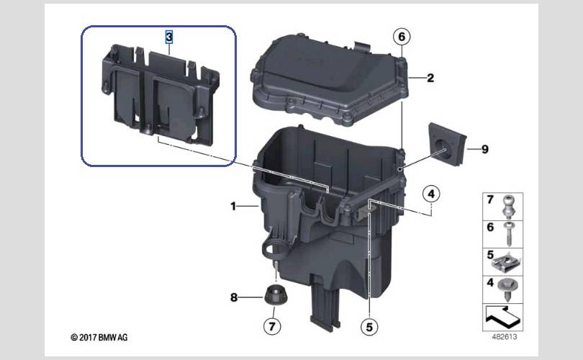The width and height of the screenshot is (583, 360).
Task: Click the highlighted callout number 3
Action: (x=169, y=37)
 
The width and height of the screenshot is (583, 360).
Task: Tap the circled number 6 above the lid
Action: (x=402, y=37)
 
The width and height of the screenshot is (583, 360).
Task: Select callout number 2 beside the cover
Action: (x=430, y=78)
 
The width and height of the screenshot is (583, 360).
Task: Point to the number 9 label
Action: (x=485, y=149)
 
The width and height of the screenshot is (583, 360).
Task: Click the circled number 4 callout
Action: (x=431, y=194)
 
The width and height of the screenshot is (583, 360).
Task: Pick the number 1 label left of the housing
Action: (x=233, y=206)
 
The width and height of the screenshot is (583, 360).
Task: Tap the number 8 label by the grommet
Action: (x=233, y=297)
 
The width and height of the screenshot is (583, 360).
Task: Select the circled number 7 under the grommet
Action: (x=272, y=327)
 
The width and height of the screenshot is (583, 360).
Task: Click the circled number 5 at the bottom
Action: (x=369, y=327)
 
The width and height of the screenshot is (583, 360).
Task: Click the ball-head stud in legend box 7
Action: (x=508, y=207)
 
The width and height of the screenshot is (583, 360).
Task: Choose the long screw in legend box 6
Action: (x=509, y=234)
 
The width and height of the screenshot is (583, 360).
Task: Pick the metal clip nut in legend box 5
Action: (x=507, y=262)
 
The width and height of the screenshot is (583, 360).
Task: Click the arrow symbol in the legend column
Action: (x=502, y=316)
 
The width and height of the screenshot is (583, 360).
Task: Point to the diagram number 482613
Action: (x=504, y=337)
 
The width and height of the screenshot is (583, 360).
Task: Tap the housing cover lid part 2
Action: (x=330, y=80)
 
